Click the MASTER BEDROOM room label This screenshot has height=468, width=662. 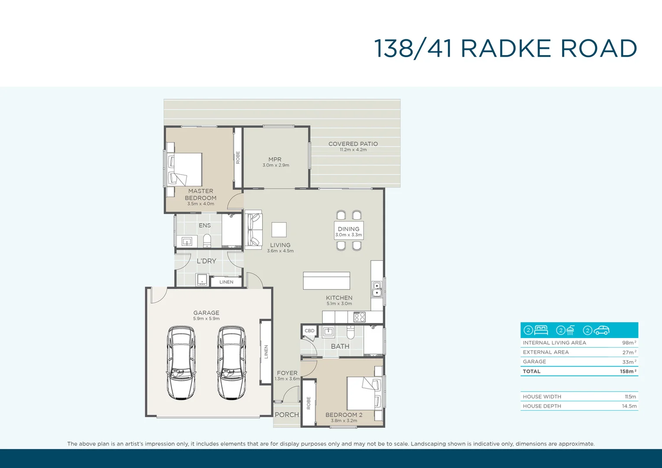[201, 195]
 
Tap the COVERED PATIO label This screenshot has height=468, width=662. [353, 144]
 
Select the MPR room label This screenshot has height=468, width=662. [275, 159]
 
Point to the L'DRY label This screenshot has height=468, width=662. [206, 261]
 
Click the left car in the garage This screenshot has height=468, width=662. [181, 363]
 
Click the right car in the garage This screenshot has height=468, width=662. [231, 363]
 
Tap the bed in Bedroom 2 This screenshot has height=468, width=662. [363, 393]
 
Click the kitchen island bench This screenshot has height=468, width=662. [326, 281]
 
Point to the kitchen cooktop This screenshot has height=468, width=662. [360, 317]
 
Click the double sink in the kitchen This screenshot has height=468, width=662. [377, 289]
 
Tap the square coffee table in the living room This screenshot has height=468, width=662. [279, 230]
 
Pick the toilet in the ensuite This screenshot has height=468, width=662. [207, 240]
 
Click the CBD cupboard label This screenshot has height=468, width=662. [309, 331]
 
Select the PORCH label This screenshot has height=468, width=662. [287, 415]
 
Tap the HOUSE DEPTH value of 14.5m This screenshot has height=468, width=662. [629, 406]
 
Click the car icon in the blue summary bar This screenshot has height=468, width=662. [601, 330]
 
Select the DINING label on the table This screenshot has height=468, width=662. [348, 229]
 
